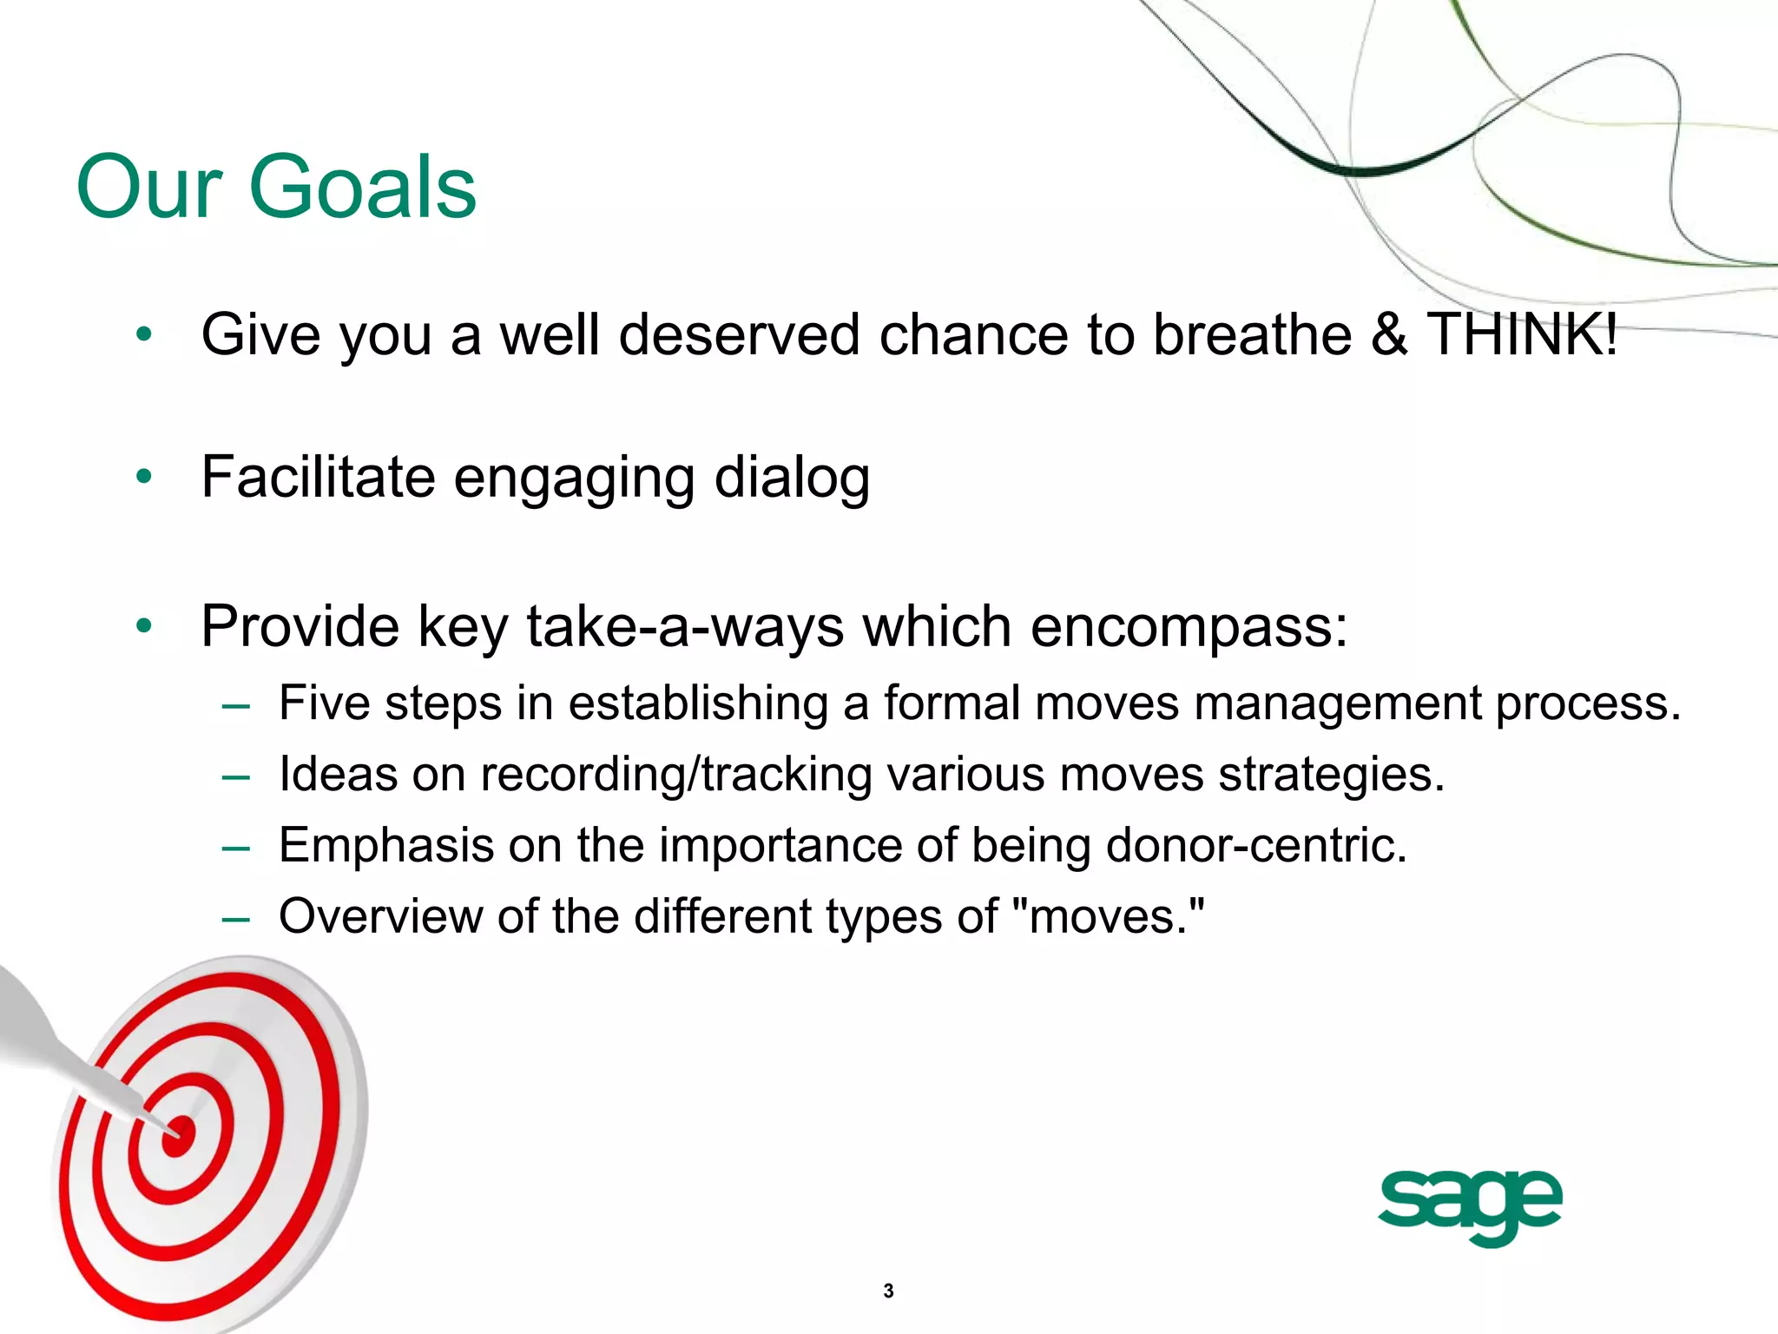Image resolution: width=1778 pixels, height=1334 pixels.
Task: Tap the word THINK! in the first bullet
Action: (x=1522, y=334)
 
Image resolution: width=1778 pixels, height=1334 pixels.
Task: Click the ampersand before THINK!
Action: (x=1388, y=334)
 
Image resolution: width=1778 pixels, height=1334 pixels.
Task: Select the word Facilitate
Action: (x=317, y=477)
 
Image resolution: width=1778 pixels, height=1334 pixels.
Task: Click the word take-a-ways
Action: (x=684, y=626)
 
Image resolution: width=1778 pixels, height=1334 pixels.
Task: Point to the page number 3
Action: (x=888, y=1291)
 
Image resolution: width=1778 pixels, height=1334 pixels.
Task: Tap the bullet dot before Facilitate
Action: (x=144, y=476)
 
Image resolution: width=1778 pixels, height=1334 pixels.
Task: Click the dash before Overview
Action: (x=235, y=918)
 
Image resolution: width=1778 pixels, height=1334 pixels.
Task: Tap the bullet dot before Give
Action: (x=144, y=333)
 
